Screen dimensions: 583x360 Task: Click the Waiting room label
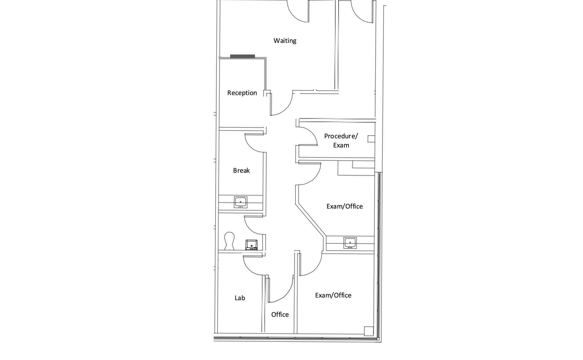[x=285, y=41]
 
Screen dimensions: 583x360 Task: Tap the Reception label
[x=242, y=93]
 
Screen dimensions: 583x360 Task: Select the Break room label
[x=241, y=170]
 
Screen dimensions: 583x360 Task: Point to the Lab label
[x=240, y=298]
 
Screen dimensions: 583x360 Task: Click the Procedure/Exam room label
[x=341, y=140]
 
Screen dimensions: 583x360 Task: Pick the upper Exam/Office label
[x=344, y=206]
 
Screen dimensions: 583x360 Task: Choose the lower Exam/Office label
[x=333, y=295]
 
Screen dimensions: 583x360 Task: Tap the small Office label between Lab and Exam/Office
[x=280, y=314]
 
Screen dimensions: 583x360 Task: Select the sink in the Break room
[x=241, y=202]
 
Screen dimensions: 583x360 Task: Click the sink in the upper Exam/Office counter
[x=350, y=243]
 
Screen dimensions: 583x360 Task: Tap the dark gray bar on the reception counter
[x=242, y=56]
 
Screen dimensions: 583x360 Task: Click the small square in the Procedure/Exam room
[x=371, y=139]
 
